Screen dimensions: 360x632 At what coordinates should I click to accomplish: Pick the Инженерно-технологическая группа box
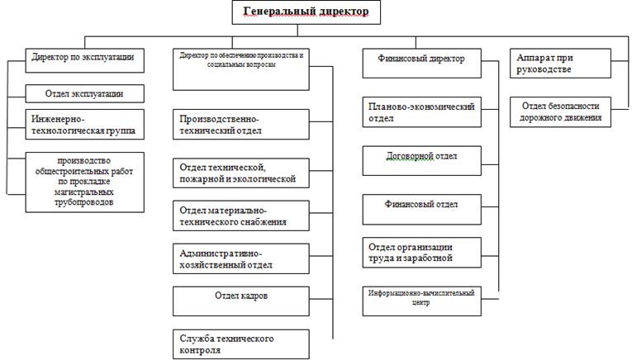[83, 125]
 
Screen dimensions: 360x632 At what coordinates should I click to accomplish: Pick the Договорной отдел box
[422, 159]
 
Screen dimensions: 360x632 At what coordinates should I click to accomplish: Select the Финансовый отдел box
[422, 206]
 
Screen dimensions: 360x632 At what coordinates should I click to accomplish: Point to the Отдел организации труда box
[422, 252]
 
